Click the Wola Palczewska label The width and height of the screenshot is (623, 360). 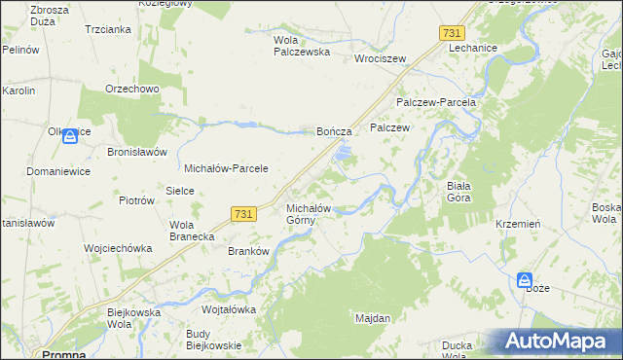point(301,46)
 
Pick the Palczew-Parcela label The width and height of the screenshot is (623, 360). point(435,102)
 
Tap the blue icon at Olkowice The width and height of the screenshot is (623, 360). point(69,138)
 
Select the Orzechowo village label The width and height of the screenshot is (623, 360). point(131,89)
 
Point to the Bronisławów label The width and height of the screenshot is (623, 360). point(138,153)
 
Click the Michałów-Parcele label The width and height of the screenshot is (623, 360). point(226,168)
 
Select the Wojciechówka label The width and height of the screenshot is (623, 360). point(119,248)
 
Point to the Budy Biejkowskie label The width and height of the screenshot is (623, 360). point(213,342)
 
